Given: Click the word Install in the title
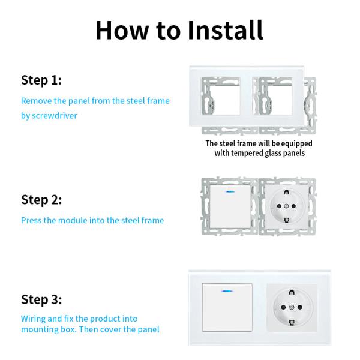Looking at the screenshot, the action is coord(225,30).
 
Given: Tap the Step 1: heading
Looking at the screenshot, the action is coord(41,80).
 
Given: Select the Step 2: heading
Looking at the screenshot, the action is coord(41,200).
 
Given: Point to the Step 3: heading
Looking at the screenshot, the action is coord(41,299).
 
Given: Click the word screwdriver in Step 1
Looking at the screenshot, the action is coord(55,115).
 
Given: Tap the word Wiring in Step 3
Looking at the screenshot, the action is coord(33,319).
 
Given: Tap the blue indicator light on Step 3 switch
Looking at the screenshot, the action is coord(227,291).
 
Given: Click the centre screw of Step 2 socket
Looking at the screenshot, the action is coord(286,206).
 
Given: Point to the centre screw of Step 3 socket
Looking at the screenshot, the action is coord(292,307).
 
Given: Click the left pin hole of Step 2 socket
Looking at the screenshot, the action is coord(279,206).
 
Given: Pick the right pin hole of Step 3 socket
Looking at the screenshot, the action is coord(300,307).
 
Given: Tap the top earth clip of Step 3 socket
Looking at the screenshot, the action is coord(292,292).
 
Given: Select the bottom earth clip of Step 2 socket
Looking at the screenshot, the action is coord(287,220).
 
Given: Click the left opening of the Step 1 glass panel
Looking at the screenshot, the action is coord(221,96).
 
